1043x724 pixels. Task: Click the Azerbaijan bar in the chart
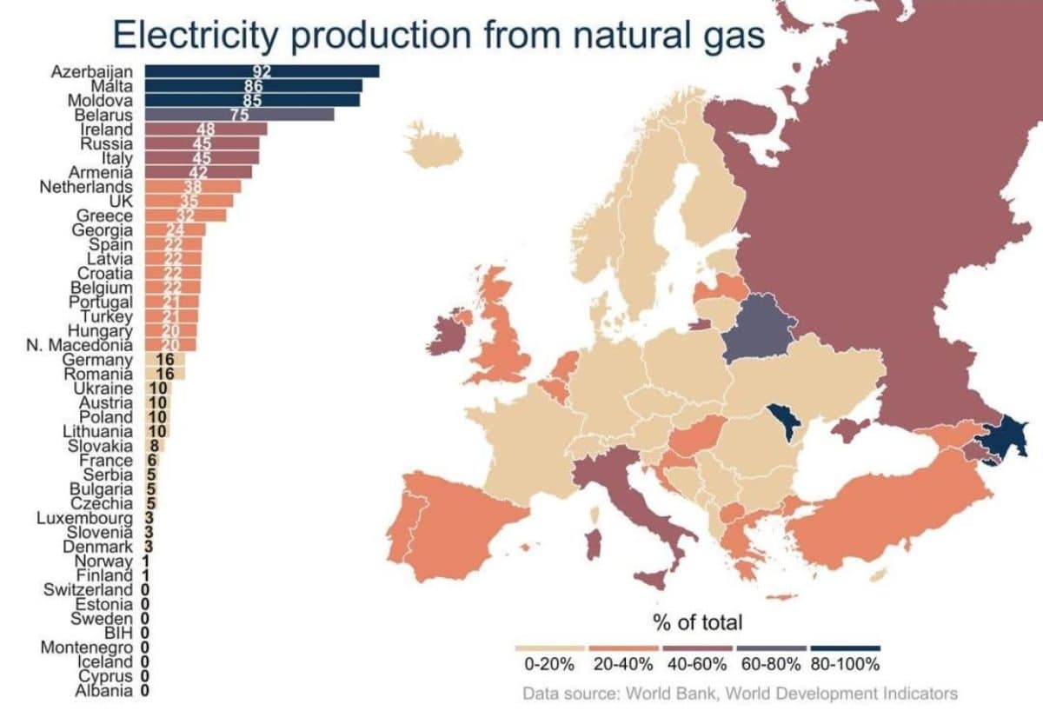tap(261, 71)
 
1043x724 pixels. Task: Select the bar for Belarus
tap(239, 114)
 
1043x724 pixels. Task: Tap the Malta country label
tap(111, 86)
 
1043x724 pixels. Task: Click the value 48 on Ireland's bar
tap(206, 129)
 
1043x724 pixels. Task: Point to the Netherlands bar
tap(192, 186)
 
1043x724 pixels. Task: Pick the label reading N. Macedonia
tap(86, 345)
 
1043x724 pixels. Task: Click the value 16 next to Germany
tap(165, 360)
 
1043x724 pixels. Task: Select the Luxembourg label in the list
tap(84, 518)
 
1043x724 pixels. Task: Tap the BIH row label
tap(118, 633)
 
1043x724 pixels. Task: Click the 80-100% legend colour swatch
tap(845, 648)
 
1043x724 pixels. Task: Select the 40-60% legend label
tap(697, 665)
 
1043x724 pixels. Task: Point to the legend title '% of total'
tap(698, 622)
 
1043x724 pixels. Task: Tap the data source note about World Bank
tap(740, 693)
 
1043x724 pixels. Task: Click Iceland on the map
tap(433, 144)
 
